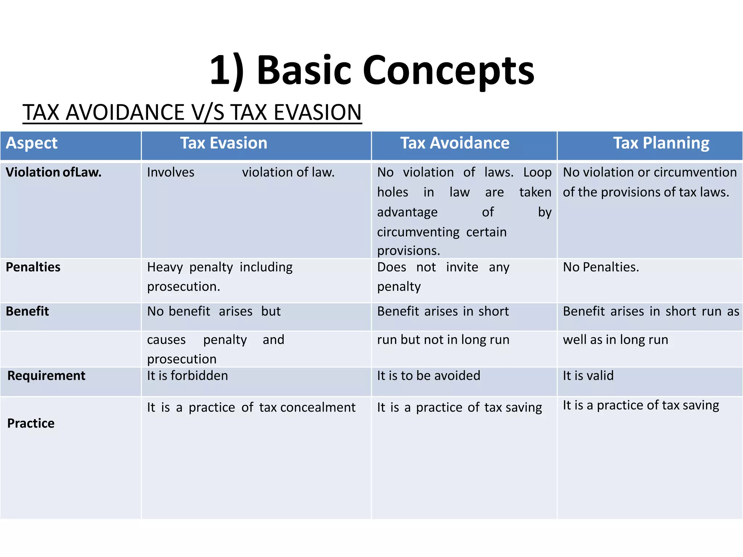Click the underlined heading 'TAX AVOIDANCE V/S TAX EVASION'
[192, 112]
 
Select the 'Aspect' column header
[32, 143]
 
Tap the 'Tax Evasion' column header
[223, 143]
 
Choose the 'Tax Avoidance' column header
[455, 143]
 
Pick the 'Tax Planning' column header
[661, 143]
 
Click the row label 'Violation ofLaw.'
[54, 172]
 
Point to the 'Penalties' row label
[33, 267]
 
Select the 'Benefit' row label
[27, 311]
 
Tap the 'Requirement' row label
[46, 376]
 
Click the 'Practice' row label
[31, 424]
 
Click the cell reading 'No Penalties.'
[601, 267]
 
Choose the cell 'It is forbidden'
[188, 376]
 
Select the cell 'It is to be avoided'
[428, 376]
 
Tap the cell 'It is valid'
[588, 376]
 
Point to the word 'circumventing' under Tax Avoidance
[418, 232]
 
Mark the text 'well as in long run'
[615, 340]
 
